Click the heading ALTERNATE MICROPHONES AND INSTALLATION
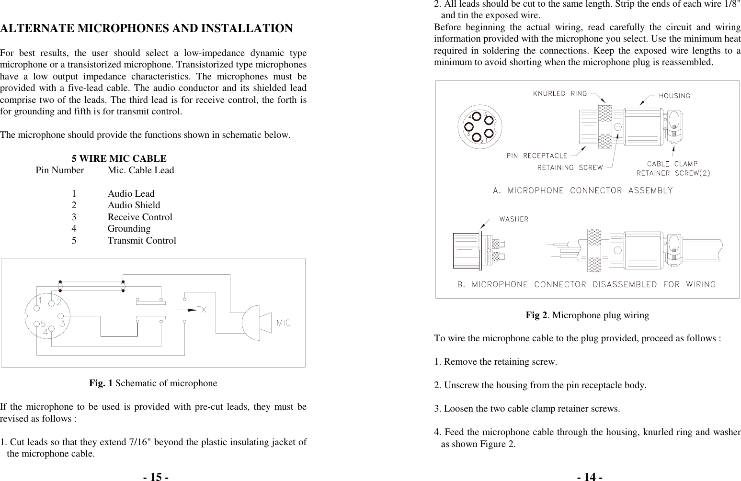(x=147, y=28)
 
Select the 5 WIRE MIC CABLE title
(x=119, y=158)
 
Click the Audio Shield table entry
(x=134, y=205)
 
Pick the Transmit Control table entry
(x=141, y=241)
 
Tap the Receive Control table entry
(x=139, y=217)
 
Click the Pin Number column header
(x=60, y=170)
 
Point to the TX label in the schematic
(x=201, y=310)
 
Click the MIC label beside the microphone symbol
(x=284, y=323)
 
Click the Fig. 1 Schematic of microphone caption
(x=153, y=383)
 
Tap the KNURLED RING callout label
(x=560, y=94)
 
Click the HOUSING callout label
(x=674, y=96)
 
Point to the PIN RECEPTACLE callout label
(x=537, y=156)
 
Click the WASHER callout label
(x=514, y=219)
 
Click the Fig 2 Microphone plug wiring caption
(x=587, y=315)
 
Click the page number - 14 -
(x=590, y=477)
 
